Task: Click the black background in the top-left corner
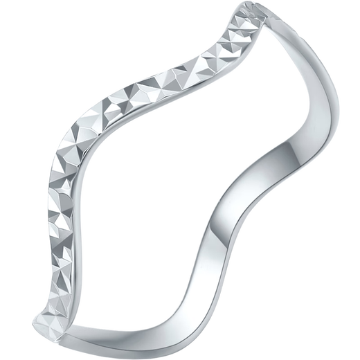click(x=21, y=21)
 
